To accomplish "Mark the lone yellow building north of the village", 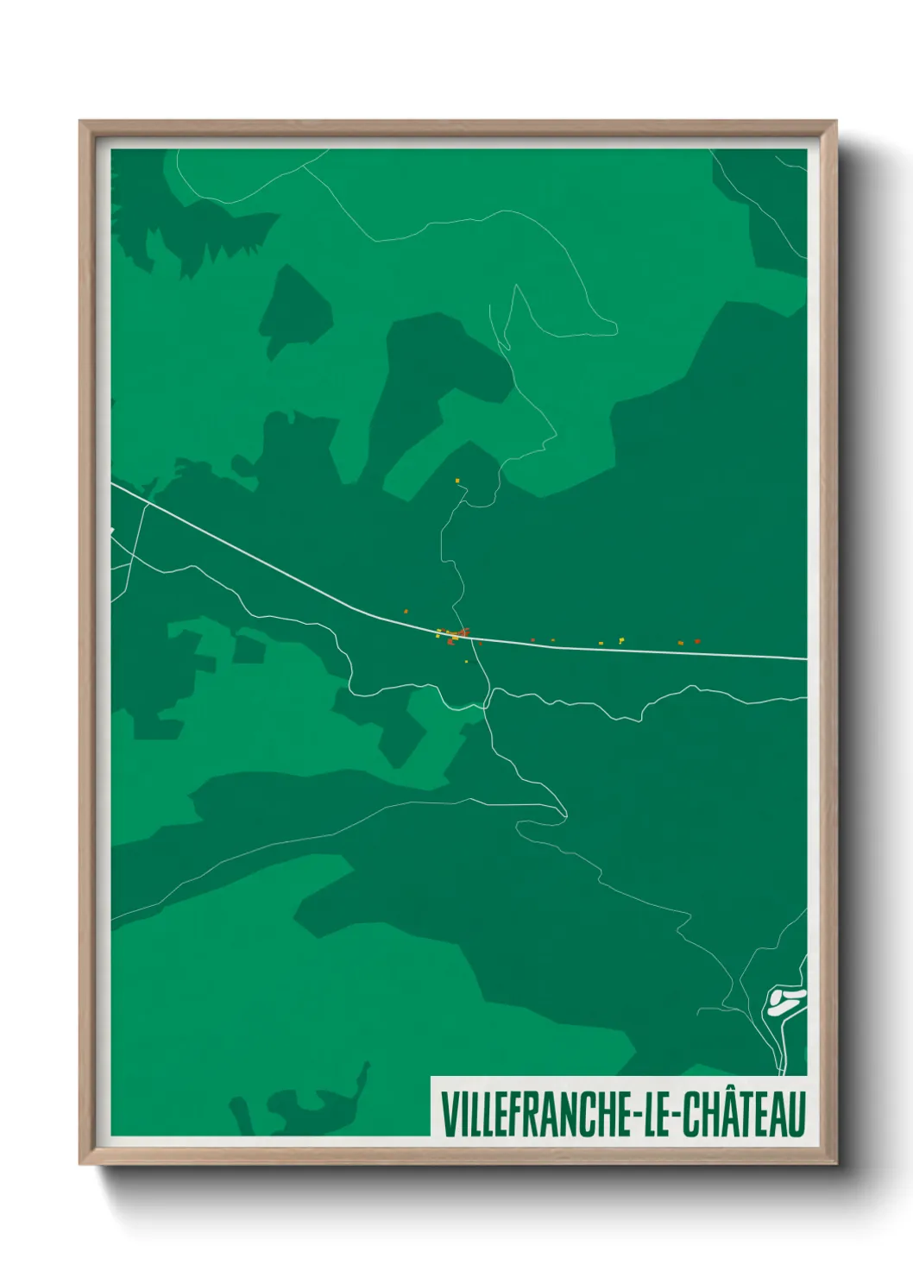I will click(x=457, y=481).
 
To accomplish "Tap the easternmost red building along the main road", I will click(x=697, y=641).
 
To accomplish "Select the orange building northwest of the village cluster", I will click(x=406, y=612).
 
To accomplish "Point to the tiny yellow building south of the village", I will click(x=466, y=662).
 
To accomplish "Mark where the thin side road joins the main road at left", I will click(x=148, y=502).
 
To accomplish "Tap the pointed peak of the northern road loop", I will click(x=516, y=286).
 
